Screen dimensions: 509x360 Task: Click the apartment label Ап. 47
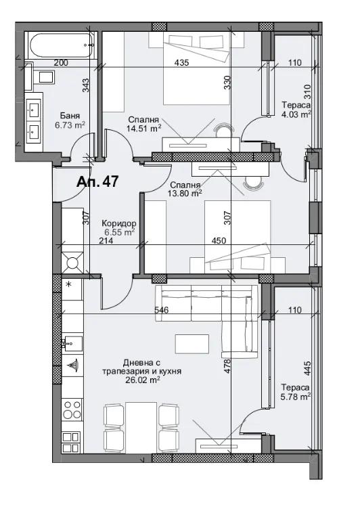tap(97, 183)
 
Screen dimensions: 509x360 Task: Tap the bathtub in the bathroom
tap(60, 46)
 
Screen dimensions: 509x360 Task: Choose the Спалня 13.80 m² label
tap(185, 188)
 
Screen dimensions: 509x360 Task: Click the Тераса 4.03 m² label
tap(296, 110)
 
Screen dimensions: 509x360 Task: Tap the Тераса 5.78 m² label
tap(295, 391)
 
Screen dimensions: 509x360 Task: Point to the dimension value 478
tap(228, 366)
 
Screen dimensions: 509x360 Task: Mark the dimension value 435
tap(181, 63)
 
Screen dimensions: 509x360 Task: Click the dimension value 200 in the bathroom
tap(61, 63)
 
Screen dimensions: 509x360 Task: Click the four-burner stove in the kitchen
tap(72, 411)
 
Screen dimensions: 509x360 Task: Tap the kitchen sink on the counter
tap(71, 342)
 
